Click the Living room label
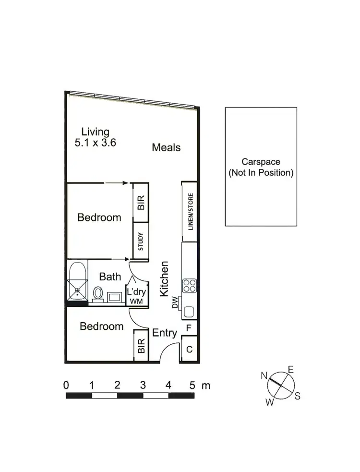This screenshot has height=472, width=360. pos(95,131)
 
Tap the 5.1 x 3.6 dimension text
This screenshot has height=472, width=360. pos(96,143)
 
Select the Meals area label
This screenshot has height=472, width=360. pos(166,147)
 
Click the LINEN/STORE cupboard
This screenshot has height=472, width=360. pos(190,212)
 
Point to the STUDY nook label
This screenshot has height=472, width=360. pos(141,241)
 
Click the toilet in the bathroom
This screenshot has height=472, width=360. pos(98,293)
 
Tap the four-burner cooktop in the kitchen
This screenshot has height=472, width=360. pos(189,286)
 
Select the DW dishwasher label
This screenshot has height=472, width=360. pos(175,302)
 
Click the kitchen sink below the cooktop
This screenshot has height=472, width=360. pos(189,312)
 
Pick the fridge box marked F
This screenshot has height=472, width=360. pos(189,329)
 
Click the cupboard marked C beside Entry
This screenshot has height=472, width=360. pos(189,350)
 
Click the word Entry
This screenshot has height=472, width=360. pos(164,332)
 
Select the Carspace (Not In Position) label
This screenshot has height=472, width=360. pos(261,168)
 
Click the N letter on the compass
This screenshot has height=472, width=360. pos(264,375)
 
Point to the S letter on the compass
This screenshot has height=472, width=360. pos(298,396)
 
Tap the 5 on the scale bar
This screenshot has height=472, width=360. pos(192,385)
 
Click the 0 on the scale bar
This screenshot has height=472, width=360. pos(66,385)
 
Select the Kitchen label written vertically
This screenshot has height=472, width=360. pos(164,278)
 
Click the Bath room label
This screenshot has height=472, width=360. pos(109,277)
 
